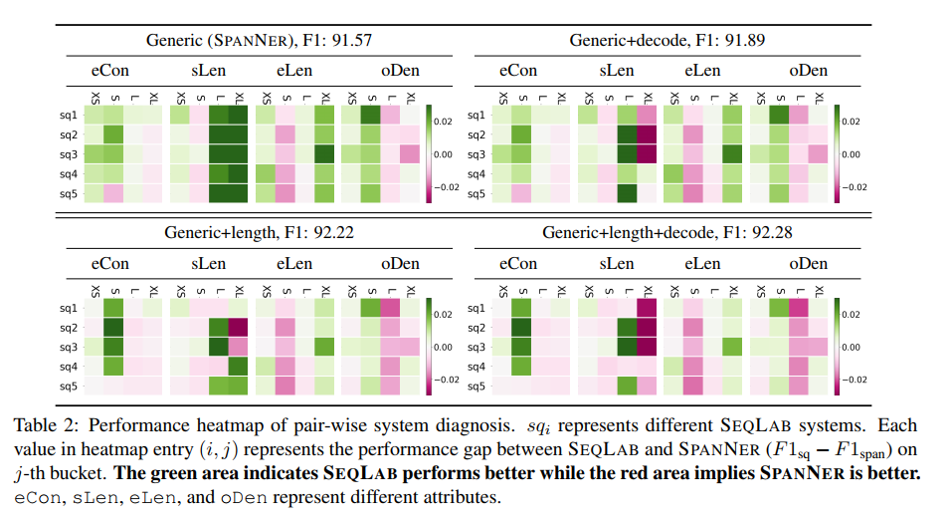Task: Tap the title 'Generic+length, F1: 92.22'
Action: pos(248,233)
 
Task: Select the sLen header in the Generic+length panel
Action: pos(209,264)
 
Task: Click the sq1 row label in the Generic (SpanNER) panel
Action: pos(68,116)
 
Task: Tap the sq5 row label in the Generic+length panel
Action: pos(68,386)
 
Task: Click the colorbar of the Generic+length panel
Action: pos(429,347)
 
